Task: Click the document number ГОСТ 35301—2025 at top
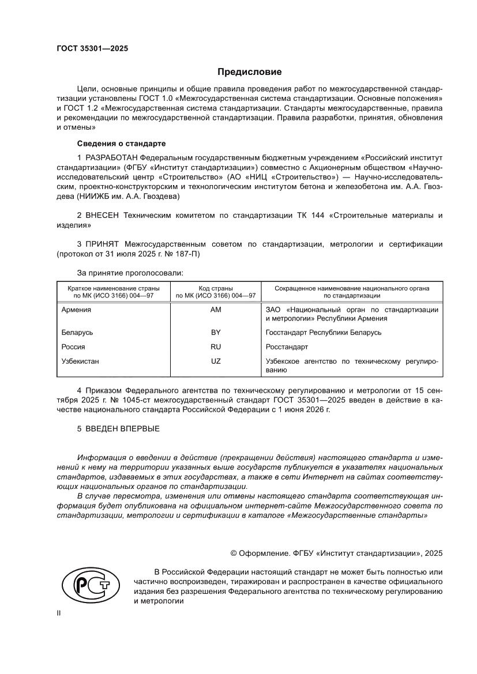[92, 48]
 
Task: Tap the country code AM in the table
[216, 310]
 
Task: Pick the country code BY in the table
[216, 333]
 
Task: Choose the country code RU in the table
[216, 347]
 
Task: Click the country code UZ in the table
[216, 362]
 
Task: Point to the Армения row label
[76, 310]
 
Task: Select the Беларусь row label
[77, 333]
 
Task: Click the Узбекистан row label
[80, 362]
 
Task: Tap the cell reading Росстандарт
[287, 347]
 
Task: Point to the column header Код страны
[216, 287]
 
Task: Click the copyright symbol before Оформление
[234, 553]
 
